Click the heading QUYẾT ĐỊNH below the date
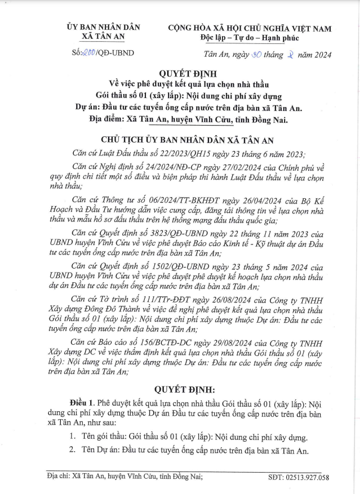tap(180, 73)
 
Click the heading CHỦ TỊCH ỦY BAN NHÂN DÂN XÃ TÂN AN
tap(180, 139)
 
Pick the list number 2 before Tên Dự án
tap(72, 451)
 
